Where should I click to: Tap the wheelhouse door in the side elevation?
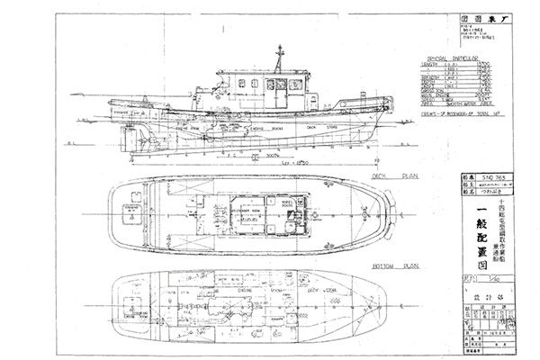point(281,91)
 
